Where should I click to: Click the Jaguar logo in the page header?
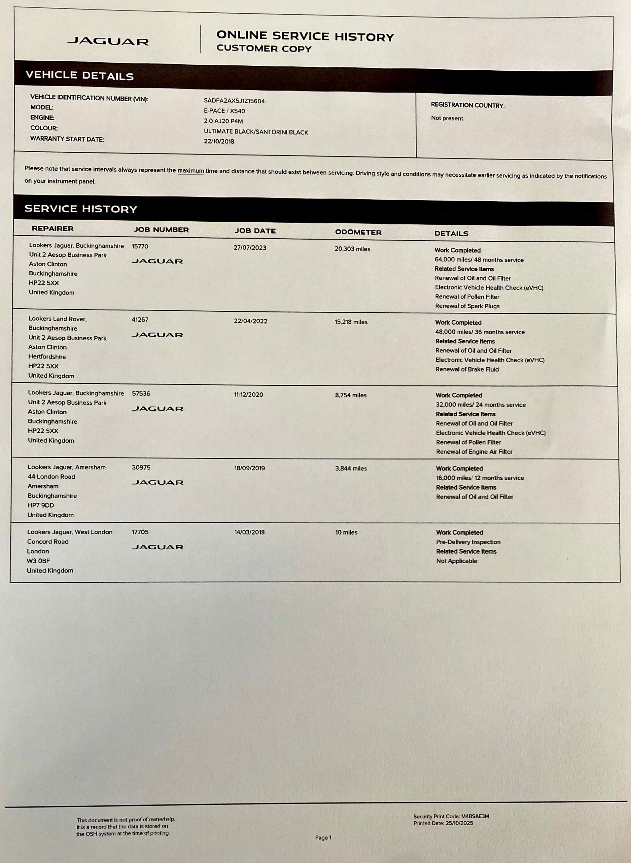(108, 41)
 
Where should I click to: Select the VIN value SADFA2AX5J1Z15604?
(234, 101)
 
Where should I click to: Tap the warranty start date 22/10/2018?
(219, 142)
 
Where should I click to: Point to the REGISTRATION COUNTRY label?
(467, 105)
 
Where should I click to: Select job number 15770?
(140, 247)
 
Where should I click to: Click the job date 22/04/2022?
(250, 321)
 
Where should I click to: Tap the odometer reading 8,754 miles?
(351, 395)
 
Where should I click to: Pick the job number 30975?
(140, 467)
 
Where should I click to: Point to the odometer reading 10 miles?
(346, 532)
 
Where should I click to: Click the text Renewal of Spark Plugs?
(467, 306)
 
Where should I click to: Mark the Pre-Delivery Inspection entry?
(468, 542)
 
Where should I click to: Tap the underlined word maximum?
(191, 171)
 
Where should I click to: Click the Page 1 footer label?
(323, 838)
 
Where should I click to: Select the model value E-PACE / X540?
(224, 111)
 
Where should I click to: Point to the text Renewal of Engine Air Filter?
(474, 452)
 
